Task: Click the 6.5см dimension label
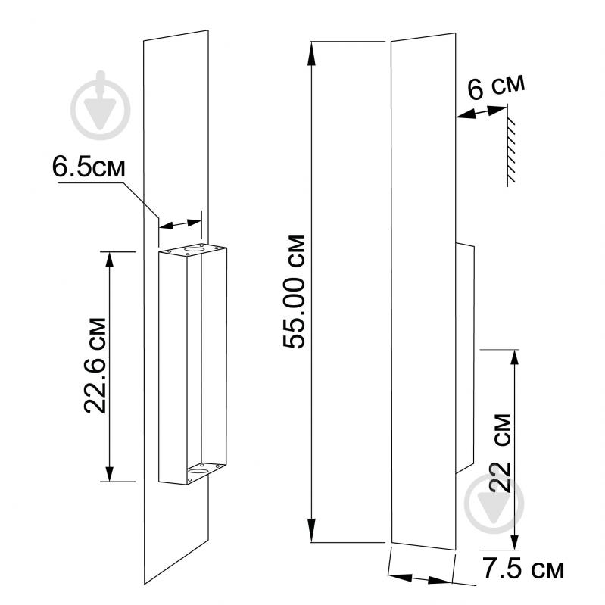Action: (89, 167)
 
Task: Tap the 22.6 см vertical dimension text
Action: (95, 366)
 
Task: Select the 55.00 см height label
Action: (294, 292)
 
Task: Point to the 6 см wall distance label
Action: (496, 87)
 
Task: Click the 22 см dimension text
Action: (501, 453)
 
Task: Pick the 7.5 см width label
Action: (523, 569)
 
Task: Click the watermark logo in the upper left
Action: (101, 105)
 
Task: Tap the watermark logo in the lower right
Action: (494, 504)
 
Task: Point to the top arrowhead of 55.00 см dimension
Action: (311, 53)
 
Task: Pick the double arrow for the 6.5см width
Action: (180, 224)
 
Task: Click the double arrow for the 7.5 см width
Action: (419, 578)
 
